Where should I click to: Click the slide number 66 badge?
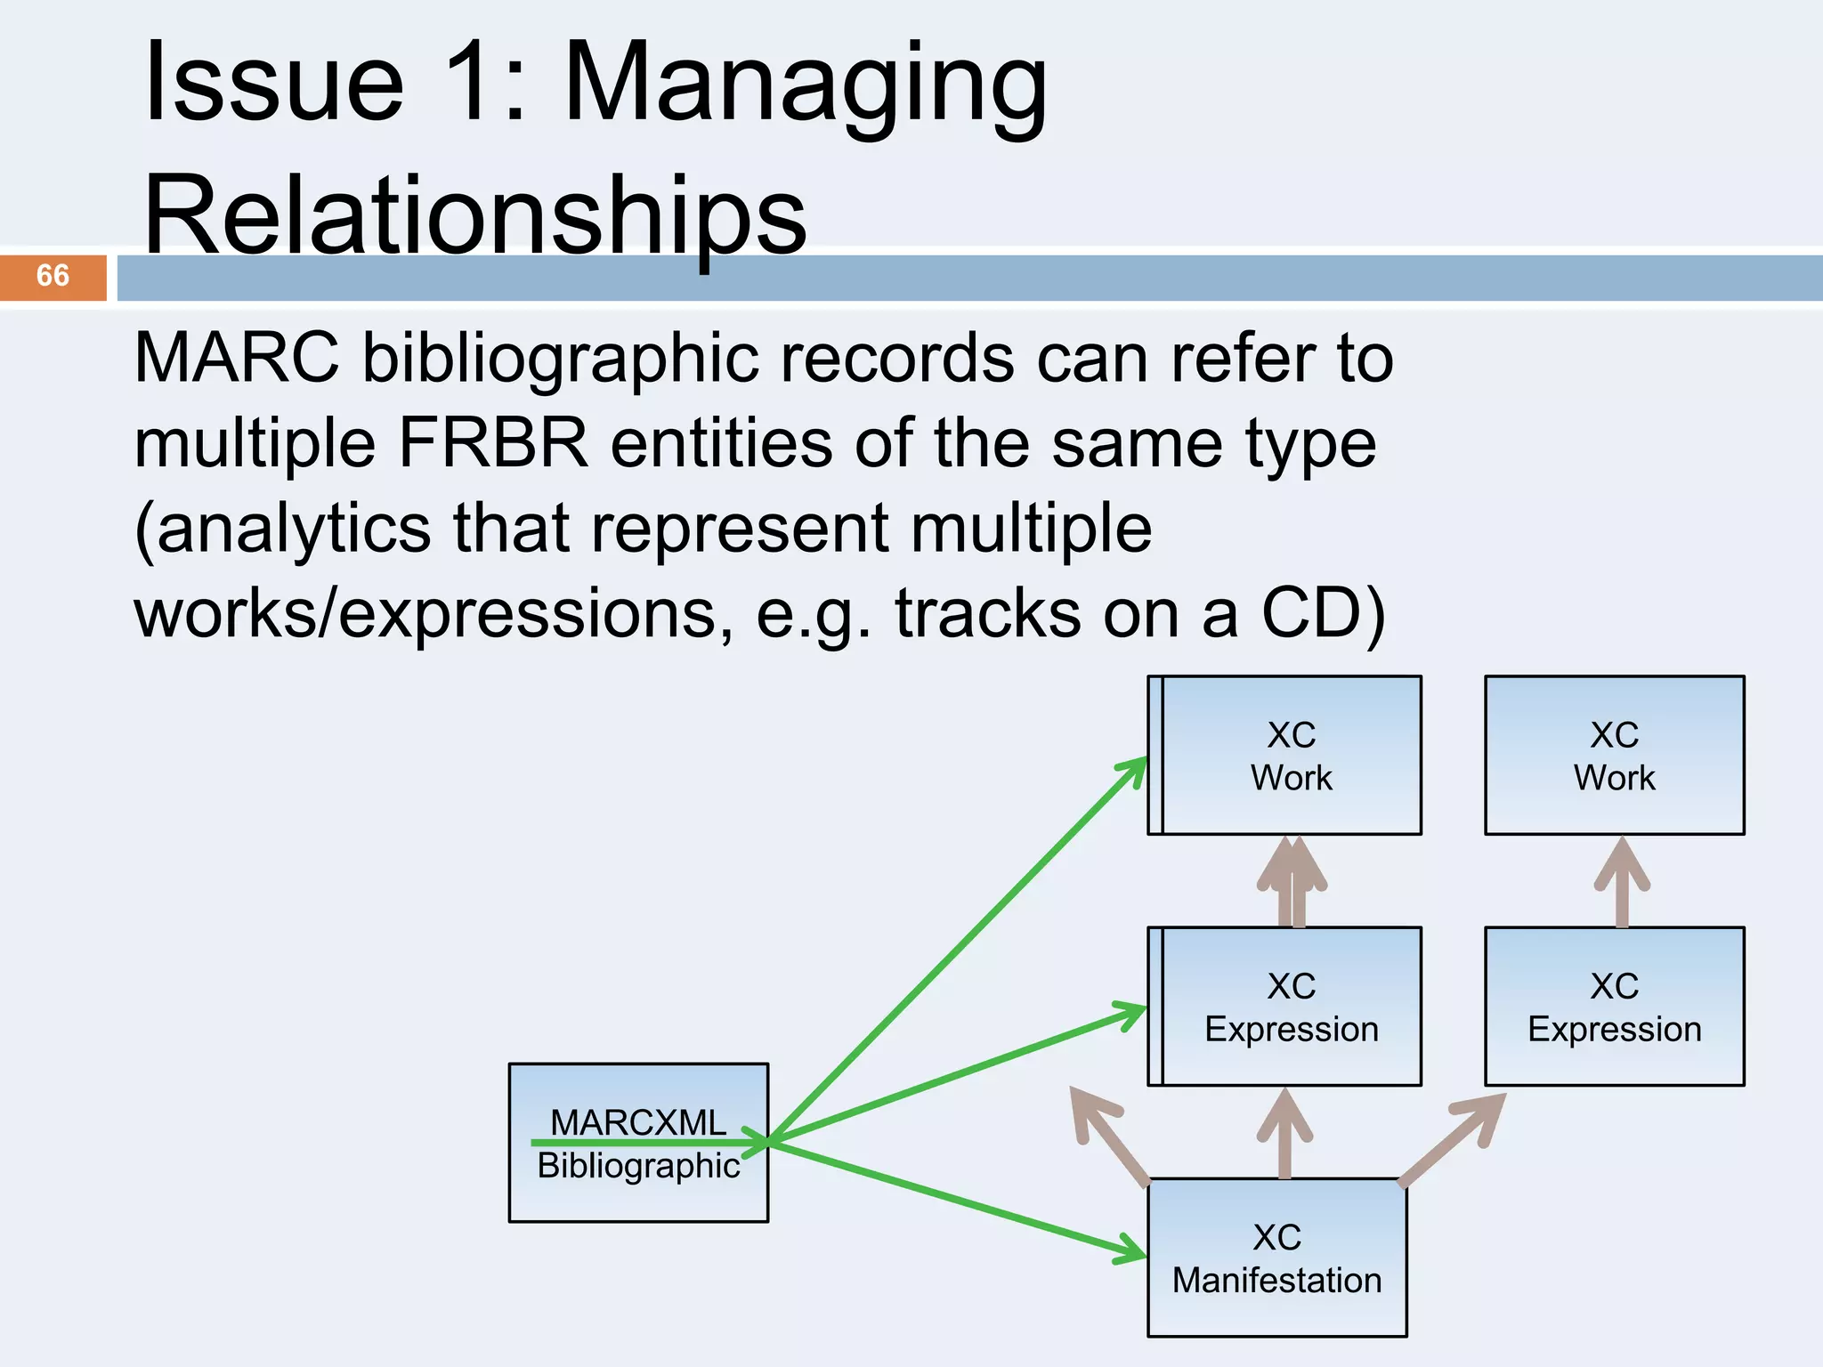coord(53,277)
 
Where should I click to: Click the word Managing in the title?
coord(806,85)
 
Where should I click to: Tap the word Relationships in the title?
coord(474,216)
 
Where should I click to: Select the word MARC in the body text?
coord(236,359)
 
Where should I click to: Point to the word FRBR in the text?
coord(493,443)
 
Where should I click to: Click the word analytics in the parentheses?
coord(294,529)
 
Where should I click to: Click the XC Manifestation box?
coord(1276,1258)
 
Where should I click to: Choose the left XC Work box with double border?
coord(1284,756)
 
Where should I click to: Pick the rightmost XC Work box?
coord(1614,756)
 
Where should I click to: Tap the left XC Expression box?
coord(1284,1007)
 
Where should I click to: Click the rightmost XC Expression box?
coord(1614,1007)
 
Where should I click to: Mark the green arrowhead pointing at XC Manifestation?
coord(1130,1250)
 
